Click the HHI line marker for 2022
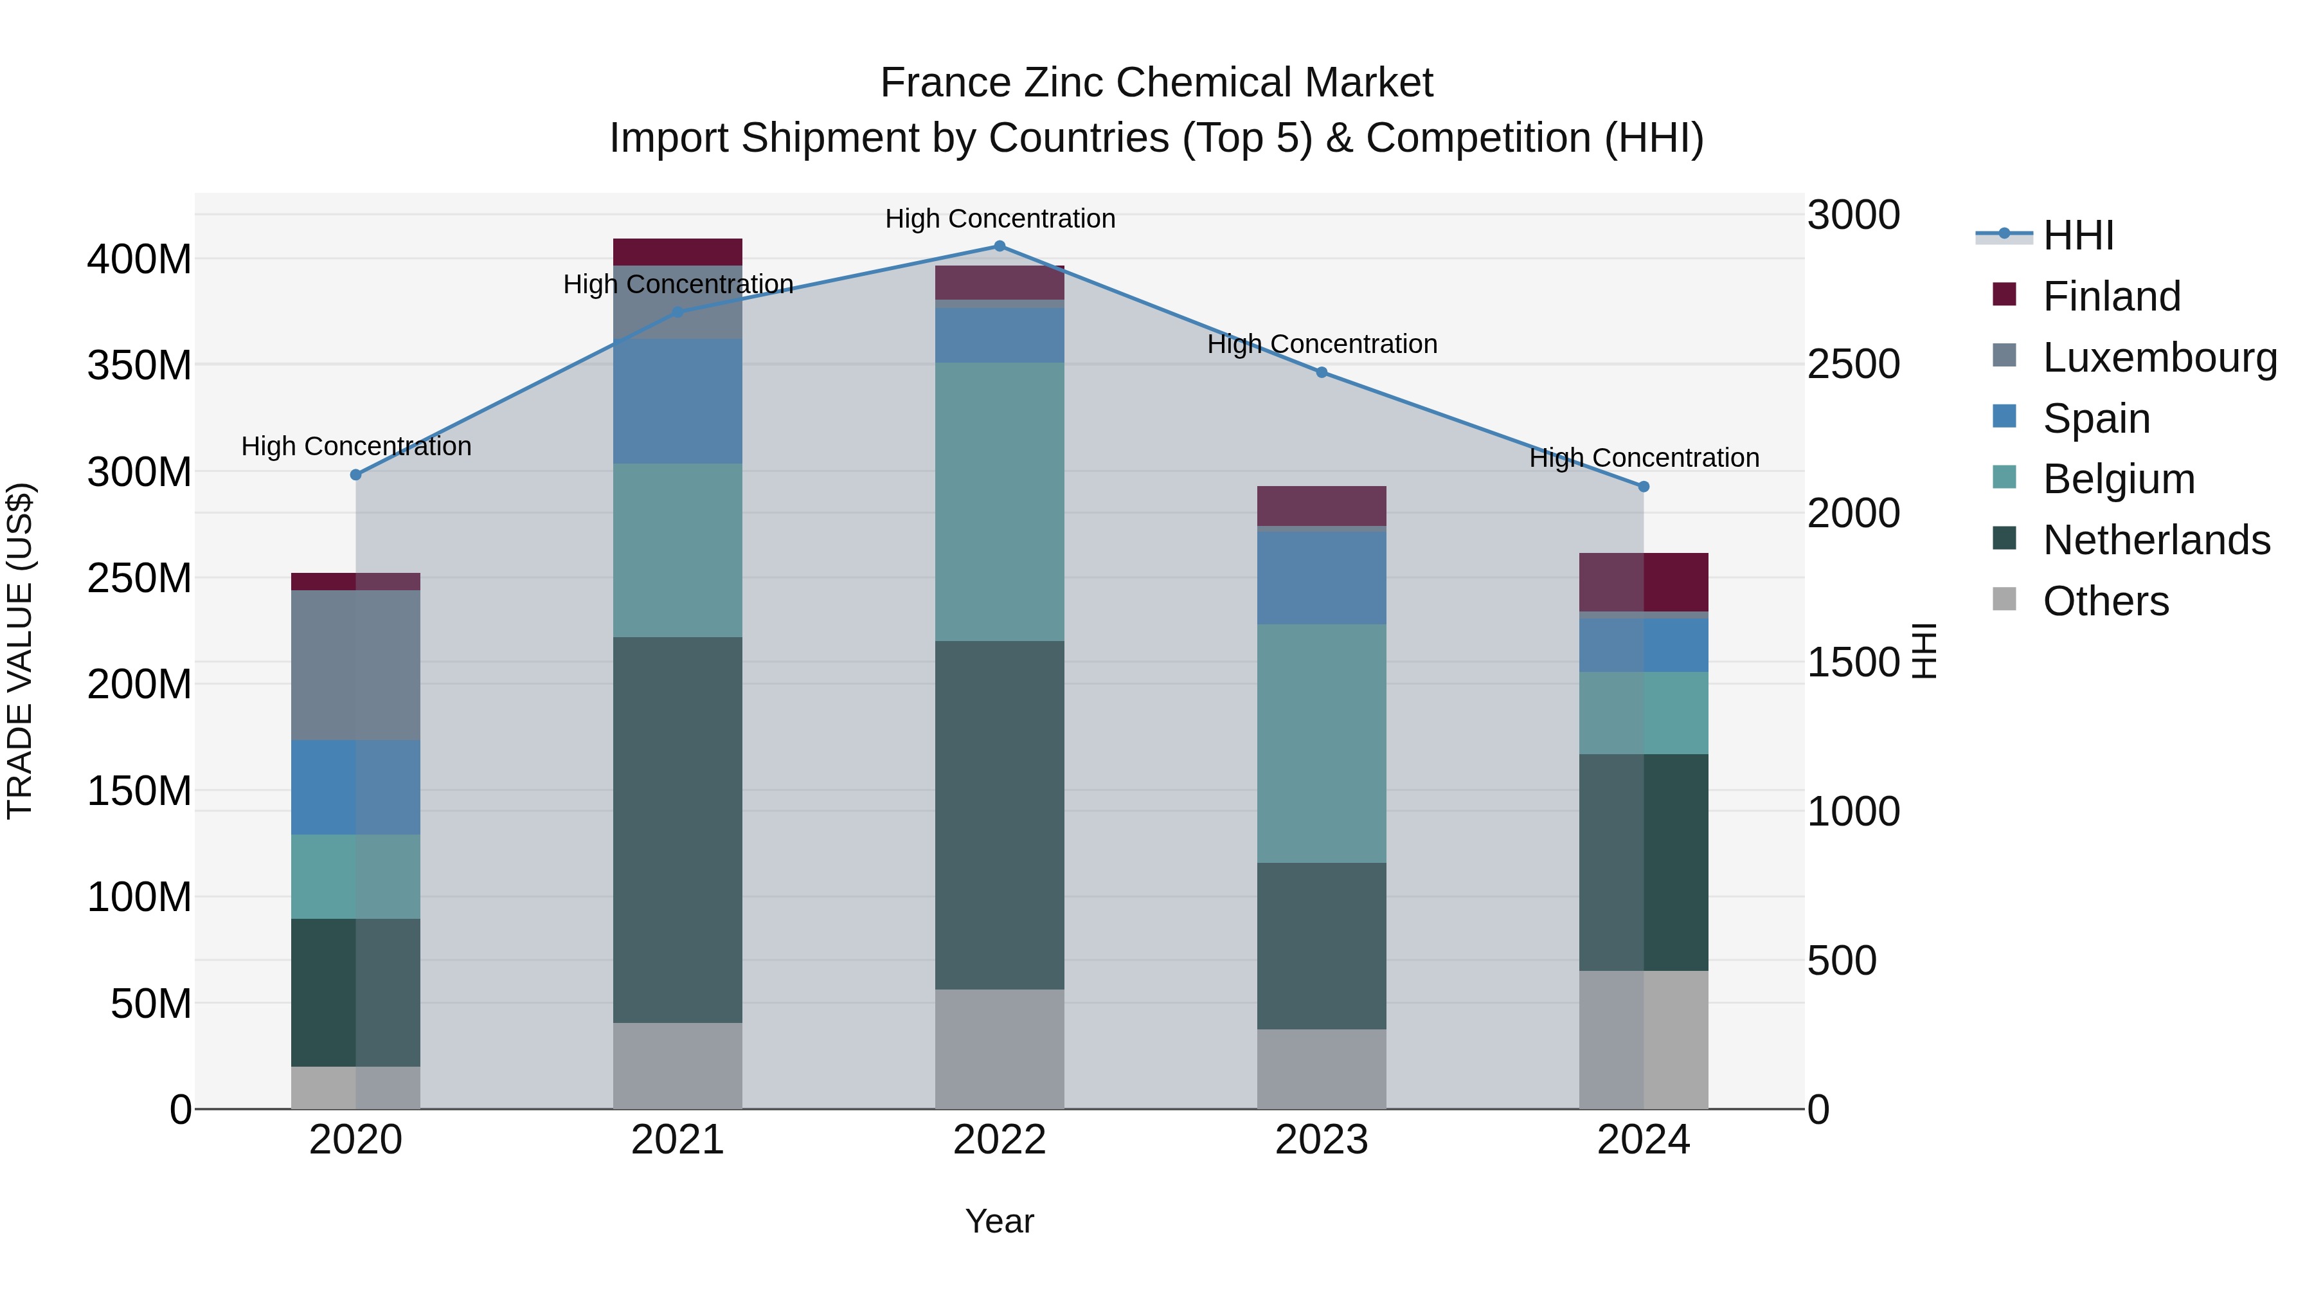click(x=1000, y=246)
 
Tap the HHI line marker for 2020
click(x=355, y=475)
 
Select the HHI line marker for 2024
click(x=1644, y=486)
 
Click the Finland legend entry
click(x=2111, y=296)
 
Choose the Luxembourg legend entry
click(x=2160, y=357)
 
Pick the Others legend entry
click(x=2106, y=601)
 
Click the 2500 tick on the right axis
click(x=1853, y=365)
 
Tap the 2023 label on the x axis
click(x=1322, y=1140)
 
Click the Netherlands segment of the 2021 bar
click(x=677, y=829)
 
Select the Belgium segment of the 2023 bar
click(x=1322, y=743)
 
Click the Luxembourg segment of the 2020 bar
click(x=355, y=665)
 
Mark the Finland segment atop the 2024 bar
click(x=1644, y=583)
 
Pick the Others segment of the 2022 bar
click(x=1000, y=1049)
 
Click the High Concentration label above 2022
click(x=1000, y=219)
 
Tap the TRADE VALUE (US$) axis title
click(x=20, y=651)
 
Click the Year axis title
click(x=999, y=1221)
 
